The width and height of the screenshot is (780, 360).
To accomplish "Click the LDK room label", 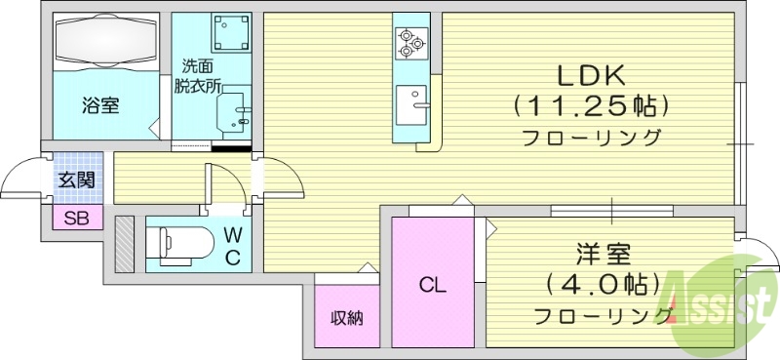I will tap(591, 75).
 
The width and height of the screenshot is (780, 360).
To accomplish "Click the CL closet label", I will tap(433, 286).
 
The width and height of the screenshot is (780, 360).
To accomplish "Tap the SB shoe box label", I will tap(75, 219).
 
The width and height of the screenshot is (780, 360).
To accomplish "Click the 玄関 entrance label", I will tap(75, 180).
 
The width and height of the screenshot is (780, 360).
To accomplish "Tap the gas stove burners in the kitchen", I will tap(408, 41).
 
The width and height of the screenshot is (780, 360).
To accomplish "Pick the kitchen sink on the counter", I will tap(410, 101).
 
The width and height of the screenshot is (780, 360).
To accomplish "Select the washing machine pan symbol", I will tap(230, 32).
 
